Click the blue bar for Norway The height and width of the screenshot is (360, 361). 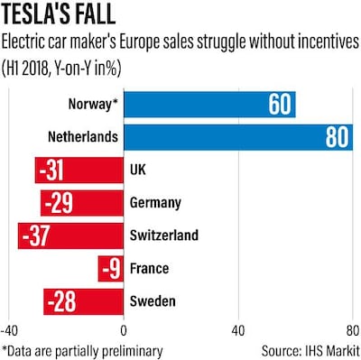[209, 104]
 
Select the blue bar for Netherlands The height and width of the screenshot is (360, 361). [238, 137]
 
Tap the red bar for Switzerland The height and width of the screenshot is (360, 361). [70, 235]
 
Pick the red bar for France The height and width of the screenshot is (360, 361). [110, 268]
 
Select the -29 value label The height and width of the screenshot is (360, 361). [60, 203]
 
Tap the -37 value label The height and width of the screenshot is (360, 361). [42, 235]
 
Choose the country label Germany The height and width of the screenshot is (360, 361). [155, 203]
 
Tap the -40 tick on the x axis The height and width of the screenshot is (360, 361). [11, 329]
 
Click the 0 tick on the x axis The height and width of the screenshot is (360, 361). [124, 329]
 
